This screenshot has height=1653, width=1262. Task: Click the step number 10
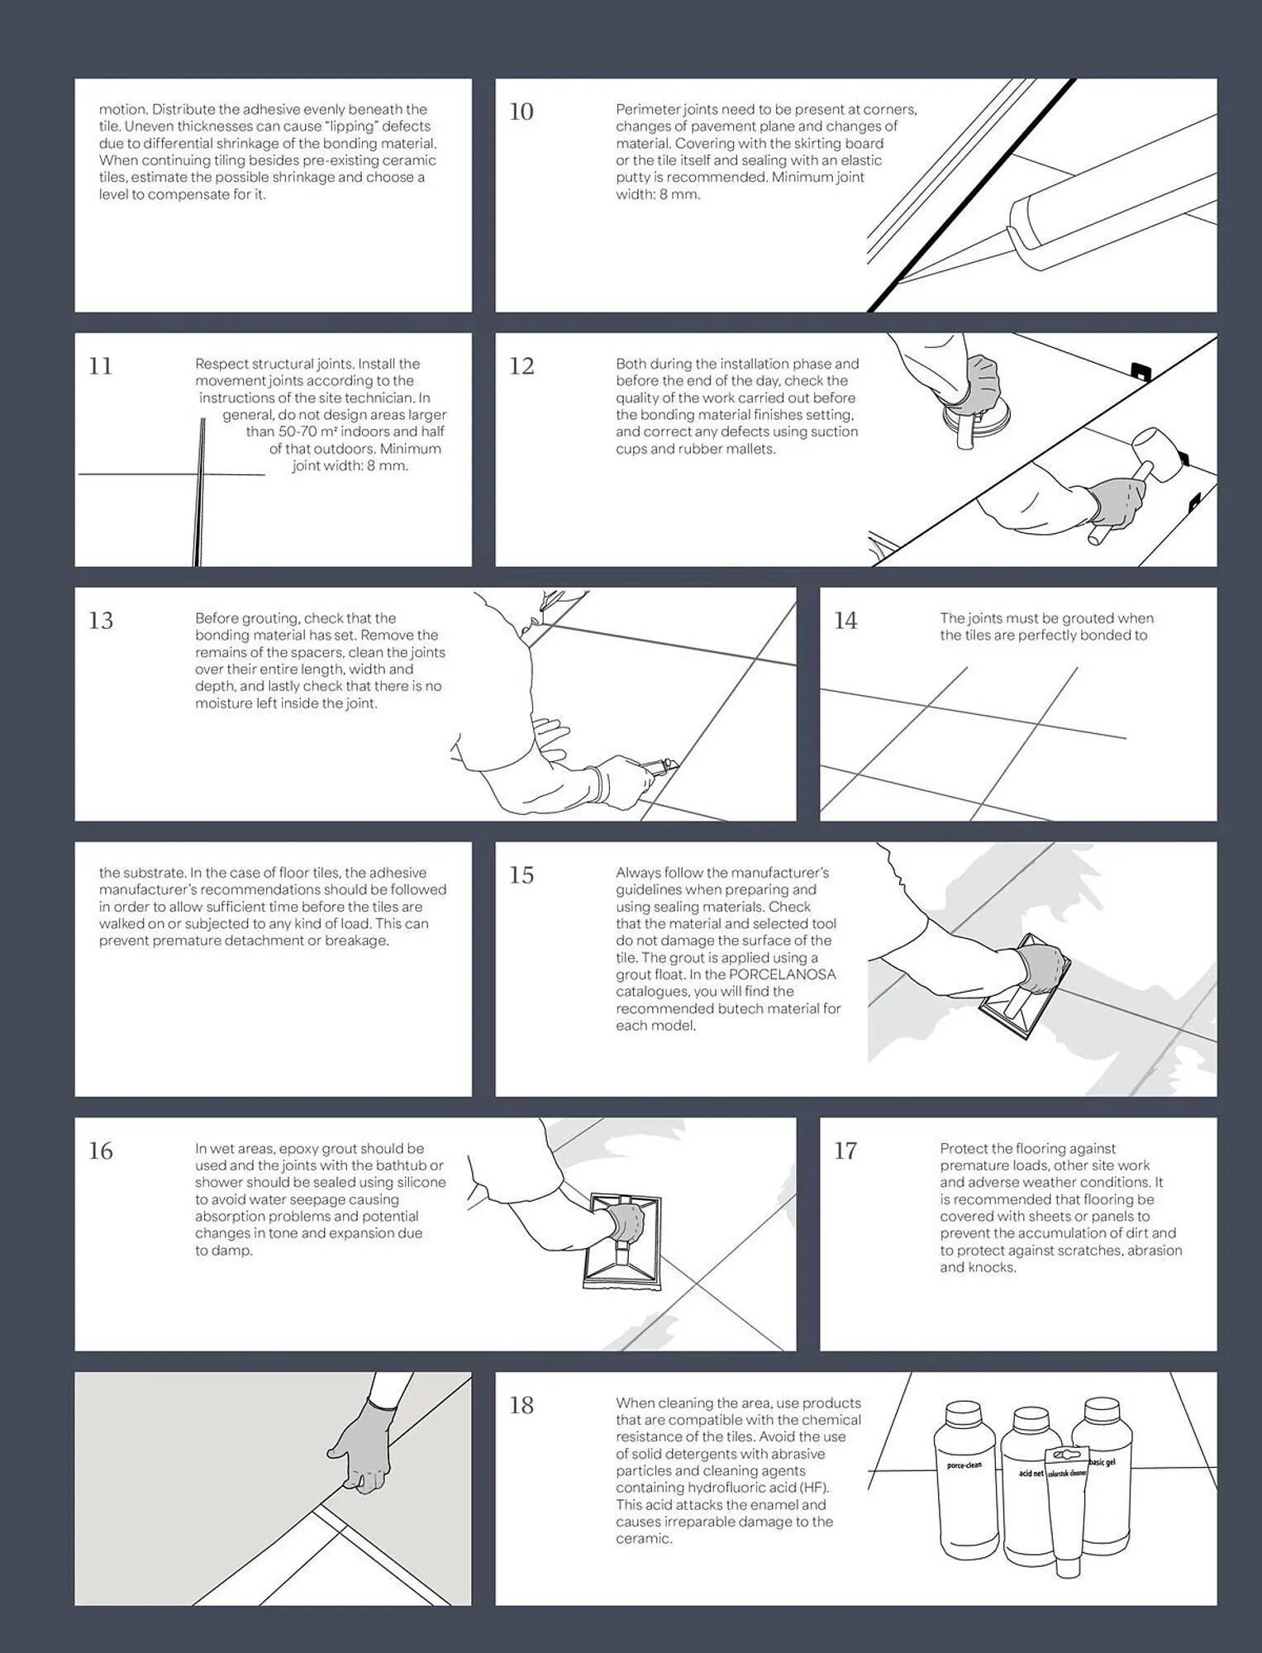tap(521, 112)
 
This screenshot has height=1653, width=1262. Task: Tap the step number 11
tap(100, 366)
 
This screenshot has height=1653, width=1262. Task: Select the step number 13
tap(101, 621)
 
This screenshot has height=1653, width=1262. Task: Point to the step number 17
tap(845, 1150)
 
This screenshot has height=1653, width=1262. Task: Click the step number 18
tap(521, 1405)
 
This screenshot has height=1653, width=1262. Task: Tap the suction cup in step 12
tap(964, 427)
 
